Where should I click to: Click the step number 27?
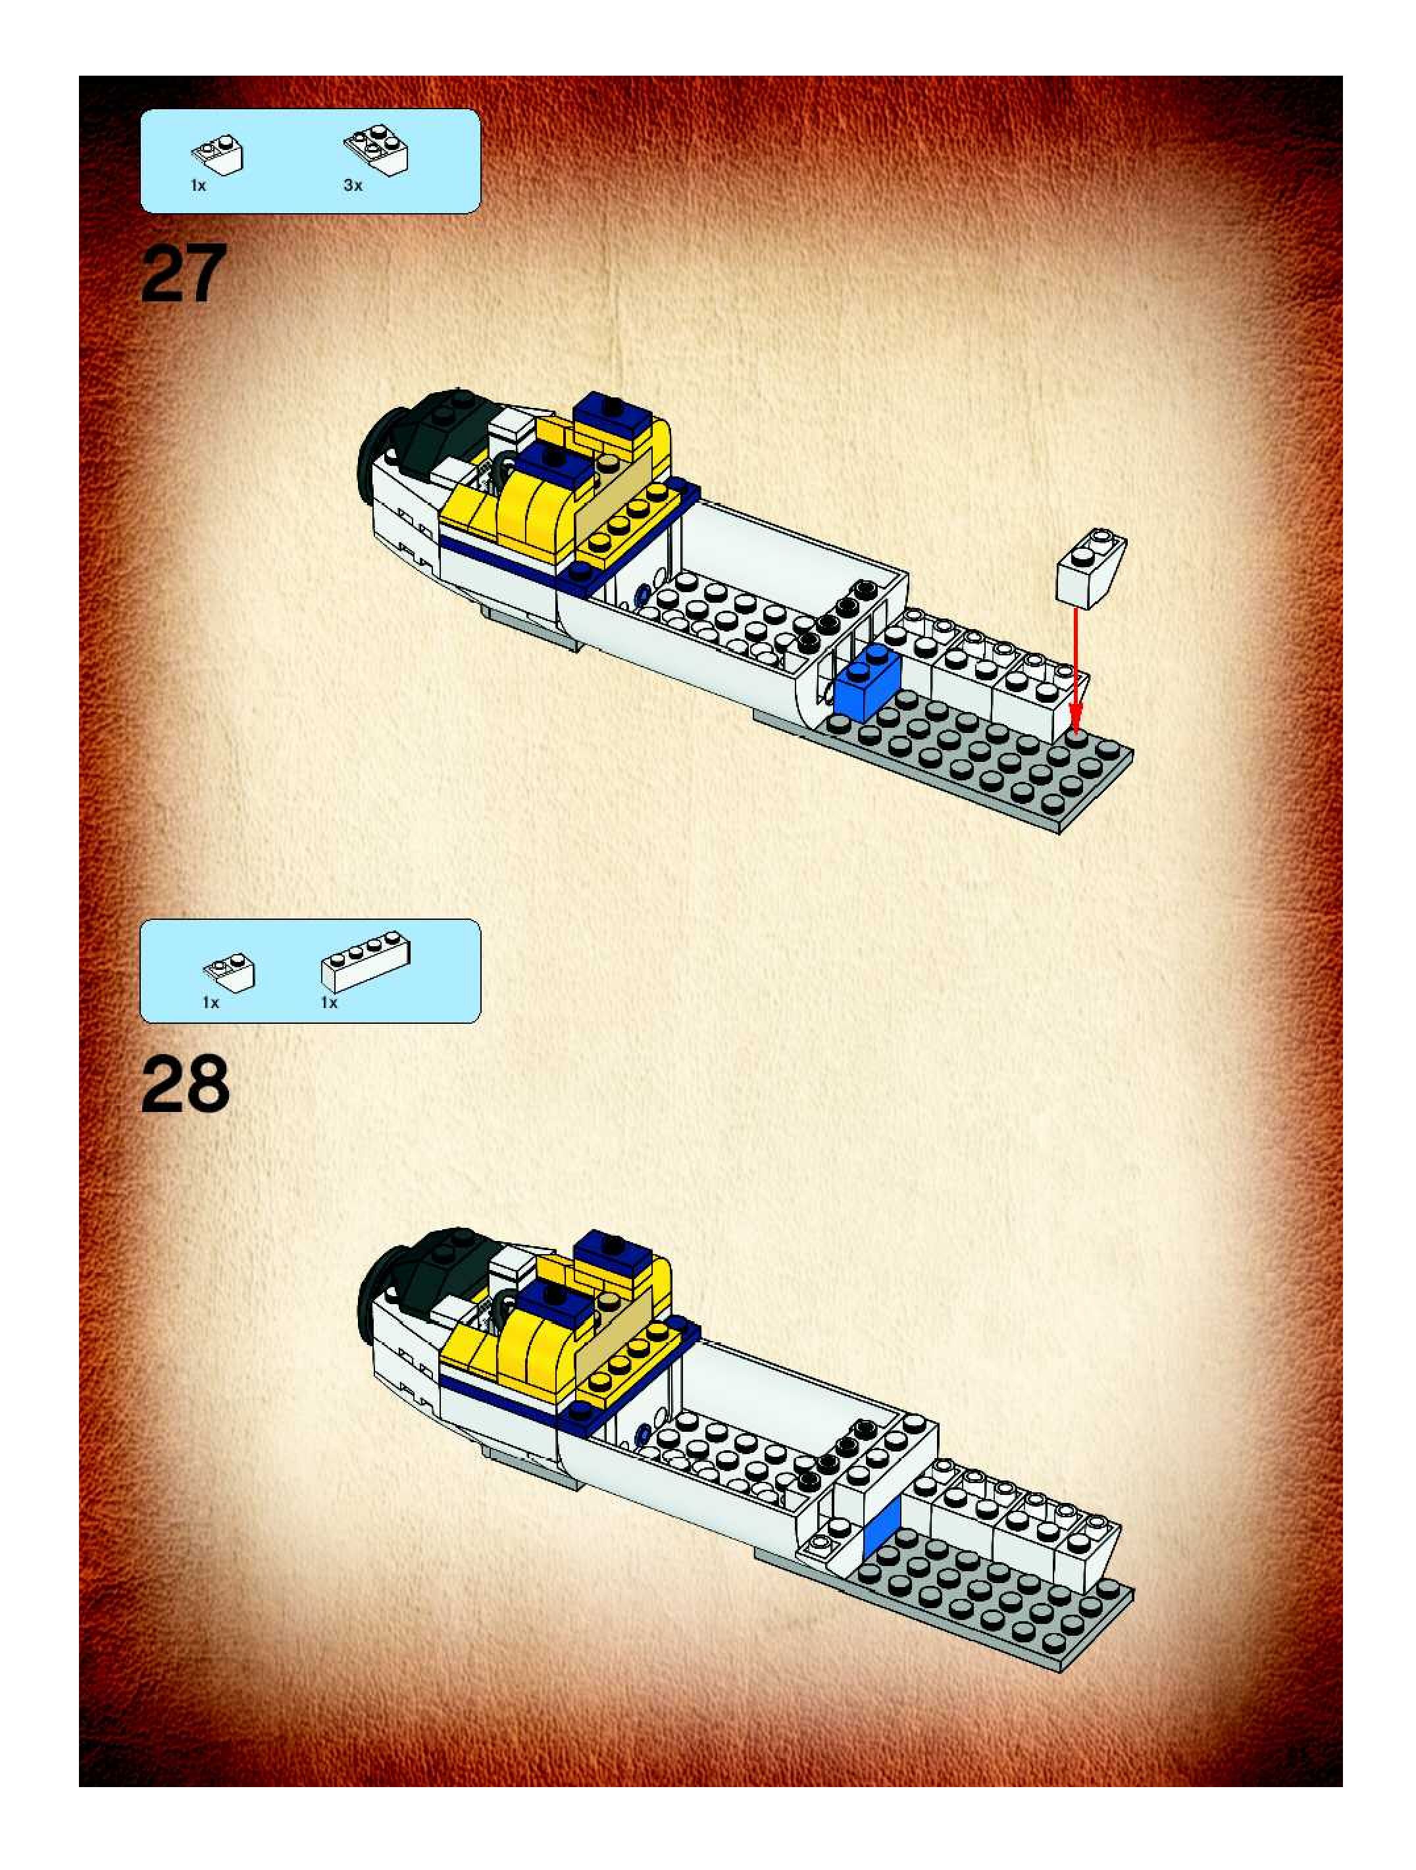pyautogui.click(x=184, y=272)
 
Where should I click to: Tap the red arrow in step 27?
pyautogui.click(x=1075, y=668)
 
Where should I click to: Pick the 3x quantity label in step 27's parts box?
pyautogui.click(x=353, y=185)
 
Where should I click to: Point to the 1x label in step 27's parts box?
pyautogui.click(x=198, y=185)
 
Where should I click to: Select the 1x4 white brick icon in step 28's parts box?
pyautogui.click(x=366, y=961)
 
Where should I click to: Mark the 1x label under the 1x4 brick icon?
pyautogui.click(x=329, y=1003)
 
